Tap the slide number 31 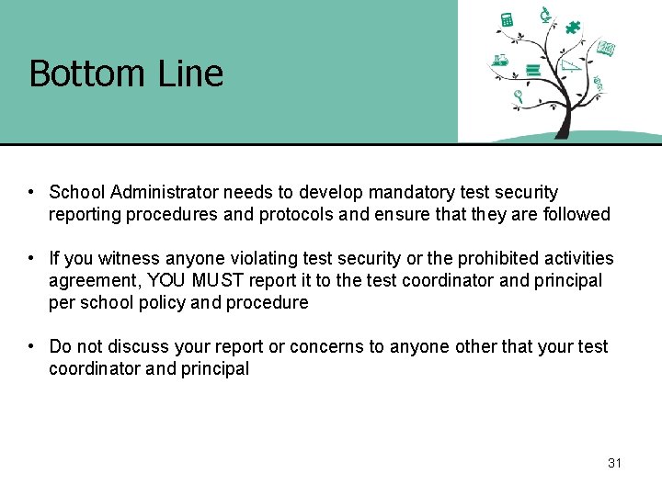pyautogui.click(x=614, y=463)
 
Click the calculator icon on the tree pyautogui.click(x=506, y=19)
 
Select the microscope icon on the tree pyautogui.click(x=545, y=14)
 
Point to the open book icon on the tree pyautogui.click(x=606, y=48)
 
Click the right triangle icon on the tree pyautogui.click(x=572, y=64)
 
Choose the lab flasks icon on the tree pyautogui.click(x=500, y=62)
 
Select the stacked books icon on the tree pyautogui.click(x=531, y=70)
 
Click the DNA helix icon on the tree pyautogui.click(x=598, y=85)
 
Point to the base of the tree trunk pyautogui.click(x=560, y=135)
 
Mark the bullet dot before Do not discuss pyautogui.click(x=31, y=346)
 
